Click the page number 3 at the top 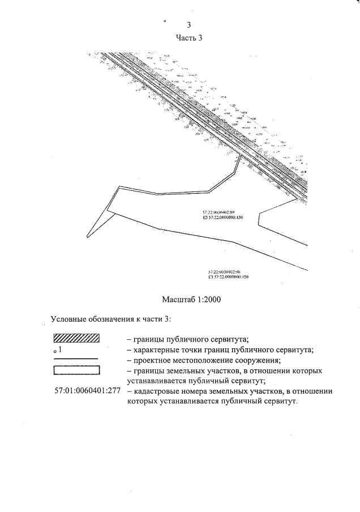pos(188,25)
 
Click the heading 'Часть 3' pos(189,37)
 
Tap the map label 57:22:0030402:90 pos(224,272)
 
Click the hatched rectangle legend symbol pos(76,339)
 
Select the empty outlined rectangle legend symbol pos(76,371)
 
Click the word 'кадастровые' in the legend pos(158,391)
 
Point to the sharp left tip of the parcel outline pos(87,236)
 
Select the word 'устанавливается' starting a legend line pos(160,381)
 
